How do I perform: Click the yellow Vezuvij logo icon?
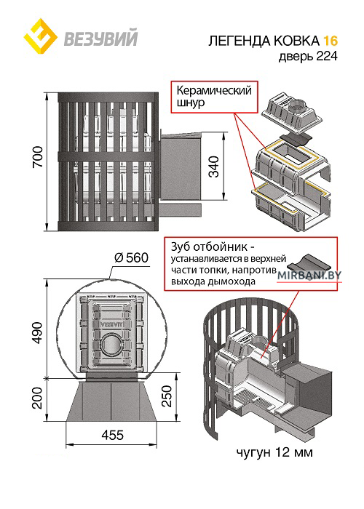41,36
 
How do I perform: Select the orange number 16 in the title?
331,41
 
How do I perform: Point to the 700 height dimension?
38,157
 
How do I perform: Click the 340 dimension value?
214,167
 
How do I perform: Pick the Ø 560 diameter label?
131,258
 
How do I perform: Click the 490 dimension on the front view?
38,333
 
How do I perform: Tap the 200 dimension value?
38,398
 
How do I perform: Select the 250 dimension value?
167,396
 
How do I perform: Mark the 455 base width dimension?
112,435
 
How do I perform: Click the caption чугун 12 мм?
274,452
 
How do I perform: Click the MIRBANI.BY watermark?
309,276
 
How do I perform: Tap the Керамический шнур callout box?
214,97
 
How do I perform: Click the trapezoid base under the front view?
111,401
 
